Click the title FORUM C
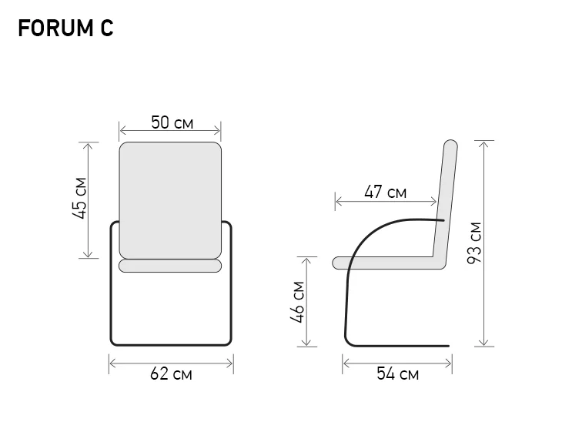pyautogui.click(x=65, y=28)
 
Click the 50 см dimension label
pyautogui.click(x=172, y=122)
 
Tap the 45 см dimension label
pyautogui.click(x=79, y=198)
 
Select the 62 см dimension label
pyautogui.click(x=171, y=374)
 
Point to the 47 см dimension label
pyautogui.click(x=385, y=192)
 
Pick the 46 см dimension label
pyautogui.click(x=297, y=302)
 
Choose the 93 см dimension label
pyautogui.click(x=474, y=243)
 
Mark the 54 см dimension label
pyautogui.click(x=397, y=373)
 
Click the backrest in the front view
pyautogui.click(x=170, y=200)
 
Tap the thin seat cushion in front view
pyautogui.click(x=170, y=266)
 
